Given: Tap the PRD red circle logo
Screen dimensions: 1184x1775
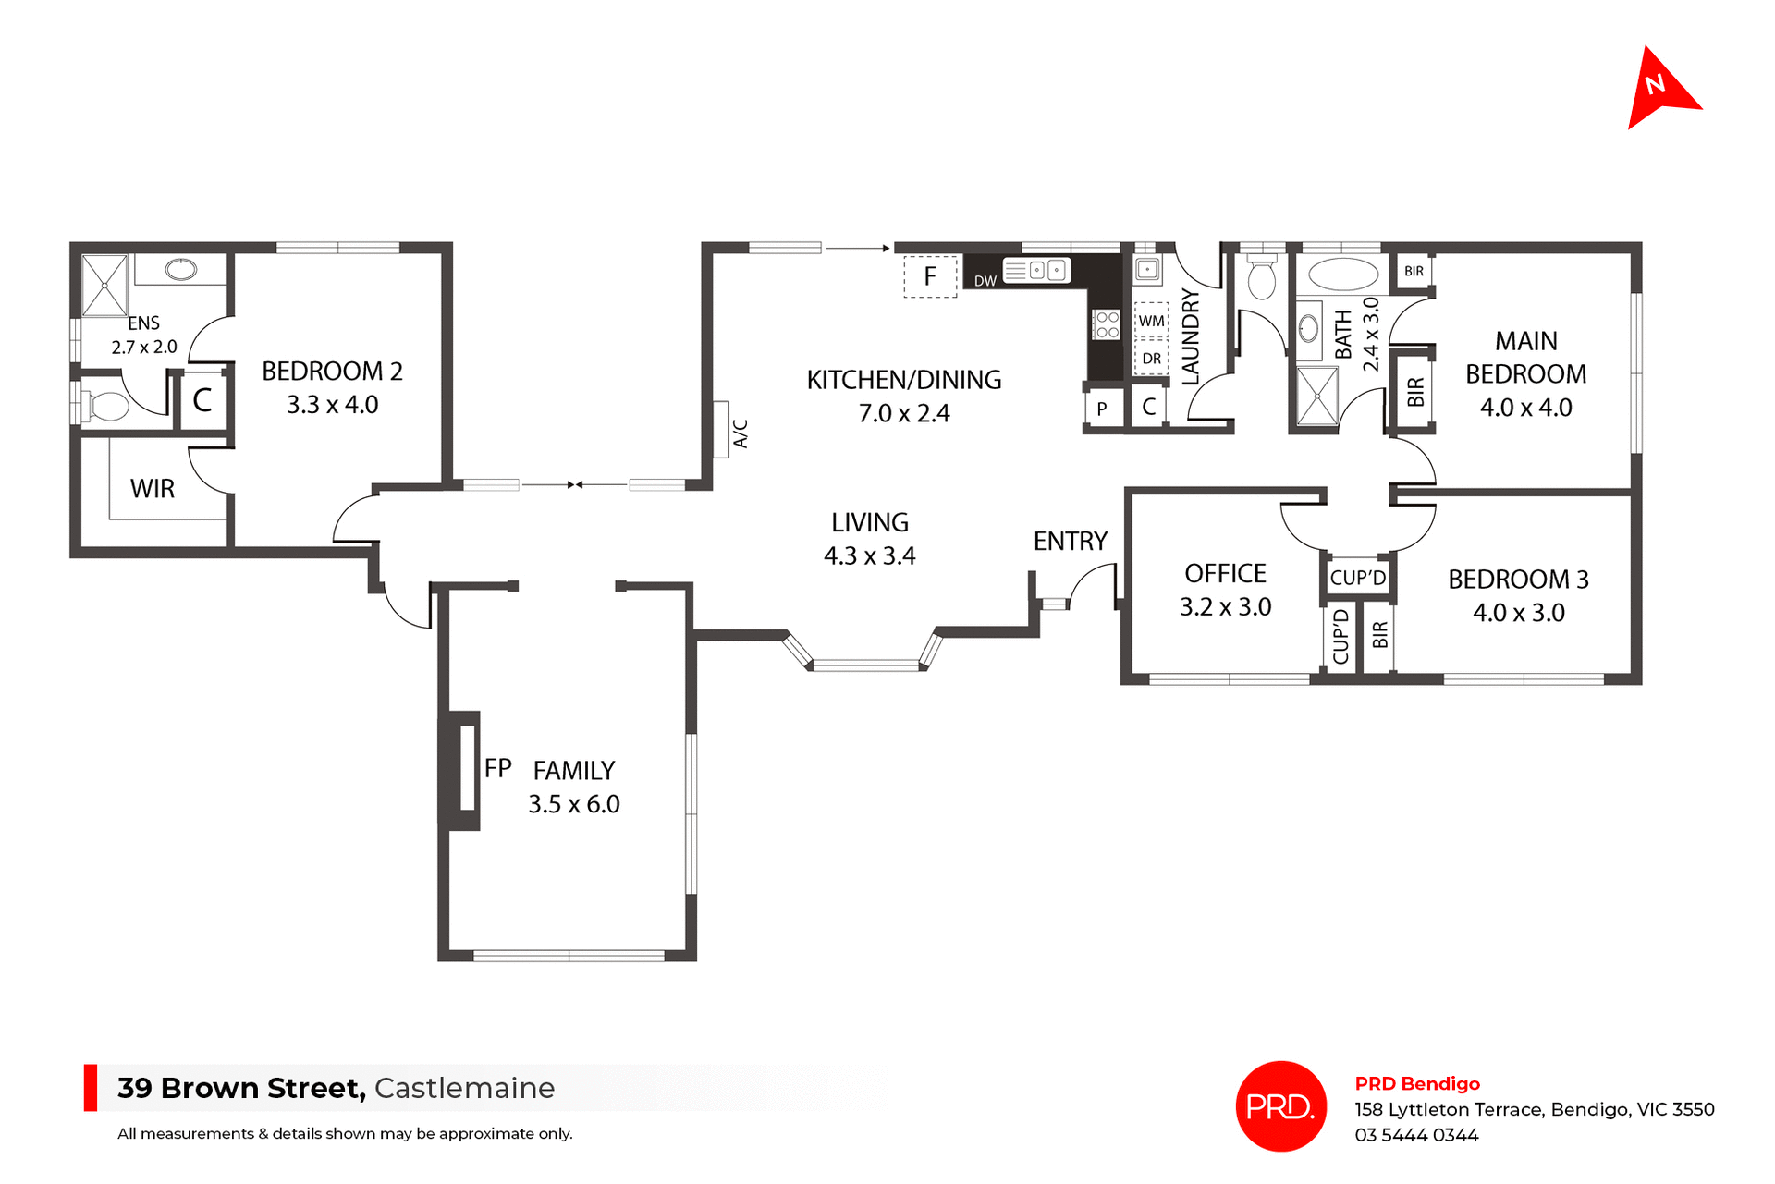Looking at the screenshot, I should [1280, 1105].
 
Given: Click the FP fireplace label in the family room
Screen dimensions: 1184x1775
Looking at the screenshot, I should [497, 768].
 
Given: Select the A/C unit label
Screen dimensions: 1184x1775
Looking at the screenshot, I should [741, 433].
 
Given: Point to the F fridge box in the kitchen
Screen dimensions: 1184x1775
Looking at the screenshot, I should [929, 276].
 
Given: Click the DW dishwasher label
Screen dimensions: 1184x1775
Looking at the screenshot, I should [985, 281].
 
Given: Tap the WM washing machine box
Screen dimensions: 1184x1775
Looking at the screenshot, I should [1151, 321].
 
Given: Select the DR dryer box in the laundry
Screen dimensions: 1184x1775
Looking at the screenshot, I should [1151, 359].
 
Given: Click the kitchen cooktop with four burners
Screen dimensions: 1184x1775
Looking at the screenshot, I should [1107, 324].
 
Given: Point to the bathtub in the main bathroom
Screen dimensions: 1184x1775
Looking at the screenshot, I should [1343, 275].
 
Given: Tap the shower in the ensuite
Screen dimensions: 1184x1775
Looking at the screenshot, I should [104, 286].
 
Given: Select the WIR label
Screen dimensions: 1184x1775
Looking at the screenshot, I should [153, 489].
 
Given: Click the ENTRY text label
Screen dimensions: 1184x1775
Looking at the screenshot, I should [1070, 541].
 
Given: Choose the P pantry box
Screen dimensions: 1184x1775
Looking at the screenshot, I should [1101, 408].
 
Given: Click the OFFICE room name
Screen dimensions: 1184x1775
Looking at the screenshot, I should [1225, 574].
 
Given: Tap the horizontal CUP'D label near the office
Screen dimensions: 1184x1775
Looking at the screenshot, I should [1357, 579].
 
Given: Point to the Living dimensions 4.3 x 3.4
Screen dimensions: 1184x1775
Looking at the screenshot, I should [869, 556].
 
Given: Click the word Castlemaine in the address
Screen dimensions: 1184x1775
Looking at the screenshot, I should [464, 1088].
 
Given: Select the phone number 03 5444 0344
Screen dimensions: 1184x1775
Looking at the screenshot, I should [1416, 1135].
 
